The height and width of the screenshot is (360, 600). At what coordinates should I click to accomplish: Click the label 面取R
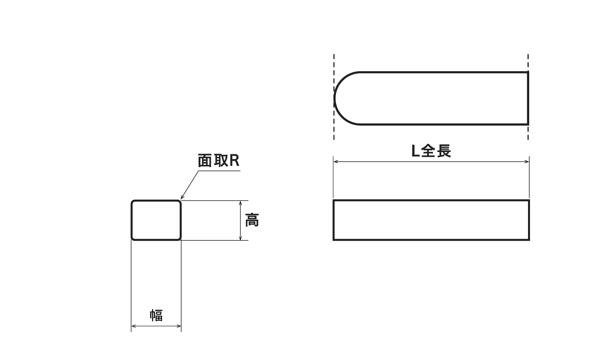218,161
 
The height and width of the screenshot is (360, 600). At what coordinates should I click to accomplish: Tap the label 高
252,220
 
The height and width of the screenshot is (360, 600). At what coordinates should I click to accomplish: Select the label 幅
156,315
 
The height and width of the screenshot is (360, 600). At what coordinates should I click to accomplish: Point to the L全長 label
431,151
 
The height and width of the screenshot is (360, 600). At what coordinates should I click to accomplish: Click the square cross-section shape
156,220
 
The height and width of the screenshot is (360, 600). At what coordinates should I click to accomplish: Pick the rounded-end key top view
431,98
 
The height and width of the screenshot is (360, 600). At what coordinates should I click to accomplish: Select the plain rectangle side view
431,220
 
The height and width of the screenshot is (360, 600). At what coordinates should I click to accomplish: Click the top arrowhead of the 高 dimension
240,203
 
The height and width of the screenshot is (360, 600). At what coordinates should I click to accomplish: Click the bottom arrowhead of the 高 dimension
240,238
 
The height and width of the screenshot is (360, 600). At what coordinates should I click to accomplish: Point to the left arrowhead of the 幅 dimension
134,326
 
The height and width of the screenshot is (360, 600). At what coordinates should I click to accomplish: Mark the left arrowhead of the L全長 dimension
336,162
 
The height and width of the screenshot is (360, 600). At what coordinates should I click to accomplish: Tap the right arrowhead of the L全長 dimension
527,162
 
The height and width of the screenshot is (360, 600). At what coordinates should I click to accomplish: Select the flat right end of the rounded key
528,98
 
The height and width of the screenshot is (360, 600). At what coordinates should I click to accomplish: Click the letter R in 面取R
234,161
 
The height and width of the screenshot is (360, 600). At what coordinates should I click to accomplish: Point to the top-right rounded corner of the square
180,202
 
